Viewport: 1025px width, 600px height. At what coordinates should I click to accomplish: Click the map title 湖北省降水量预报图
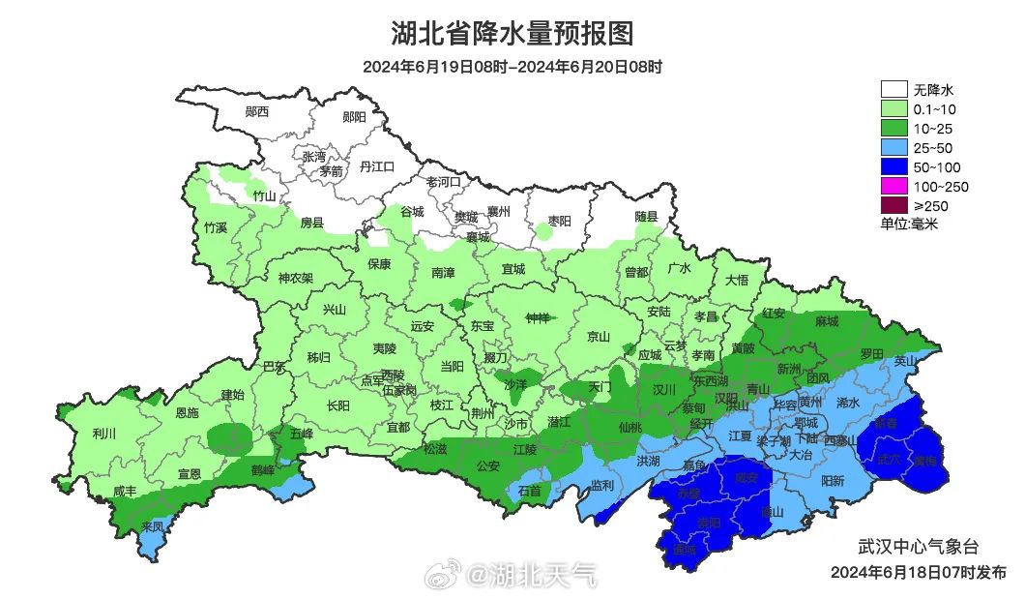[512, 34]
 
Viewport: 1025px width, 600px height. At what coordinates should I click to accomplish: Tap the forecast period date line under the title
[512, 67]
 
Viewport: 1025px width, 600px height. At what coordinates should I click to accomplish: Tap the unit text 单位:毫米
[909, 224]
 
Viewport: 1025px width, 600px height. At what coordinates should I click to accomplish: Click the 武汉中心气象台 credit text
[918, 548]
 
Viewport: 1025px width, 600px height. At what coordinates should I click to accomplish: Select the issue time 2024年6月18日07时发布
[918, 572]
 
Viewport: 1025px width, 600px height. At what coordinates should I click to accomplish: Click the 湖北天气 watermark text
[533, 576]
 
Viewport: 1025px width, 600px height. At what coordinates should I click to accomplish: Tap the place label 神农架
[296, 278]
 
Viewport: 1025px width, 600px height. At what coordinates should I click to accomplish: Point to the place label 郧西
[257, 112]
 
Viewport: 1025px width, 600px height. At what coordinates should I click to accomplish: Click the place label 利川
[103, 434]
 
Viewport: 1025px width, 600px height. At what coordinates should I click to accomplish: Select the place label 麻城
[827, 321]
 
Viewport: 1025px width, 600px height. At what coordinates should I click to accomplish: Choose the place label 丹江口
[377, 167]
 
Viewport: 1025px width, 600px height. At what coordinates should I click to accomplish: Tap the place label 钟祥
[538, 318]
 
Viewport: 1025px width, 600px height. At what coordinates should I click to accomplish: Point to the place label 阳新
[833, 480]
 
